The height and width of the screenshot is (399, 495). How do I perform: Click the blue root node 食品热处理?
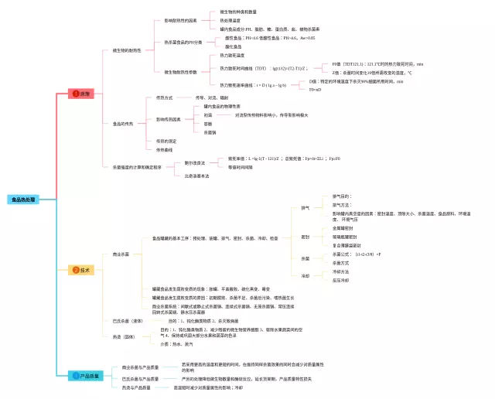(x=22, y=199)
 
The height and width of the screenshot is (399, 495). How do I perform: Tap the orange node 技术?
(x=81, y=270)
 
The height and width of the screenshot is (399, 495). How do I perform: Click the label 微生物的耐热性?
(x=127, y=50)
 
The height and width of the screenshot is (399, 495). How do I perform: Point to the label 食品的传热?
(x=122, y=124)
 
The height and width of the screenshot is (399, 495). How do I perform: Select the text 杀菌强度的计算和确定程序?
(x=138, y=167)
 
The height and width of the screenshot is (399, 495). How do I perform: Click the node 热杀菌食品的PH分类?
(x=183, y=43)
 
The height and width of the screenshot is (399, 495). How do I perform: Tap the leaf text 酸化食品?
(x=234, y=47)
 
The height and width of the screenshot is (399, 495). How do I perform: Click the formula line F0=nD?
(x=316, y=90)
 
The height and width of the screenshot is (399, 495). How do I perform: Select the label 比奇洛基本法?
(x=196, y=176)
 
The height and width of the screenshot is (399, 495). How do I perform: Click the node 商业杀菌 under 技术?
(x=121, y=254)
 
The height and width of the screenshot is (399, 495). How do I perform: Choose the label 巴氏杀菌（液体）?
(x=127, y=320)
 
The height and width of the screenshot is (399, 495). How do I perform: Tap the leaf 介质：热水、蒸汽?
(x=176, y=344)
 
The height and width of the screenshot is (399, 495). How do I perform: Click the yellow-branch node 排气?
(x=305, y=208)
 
